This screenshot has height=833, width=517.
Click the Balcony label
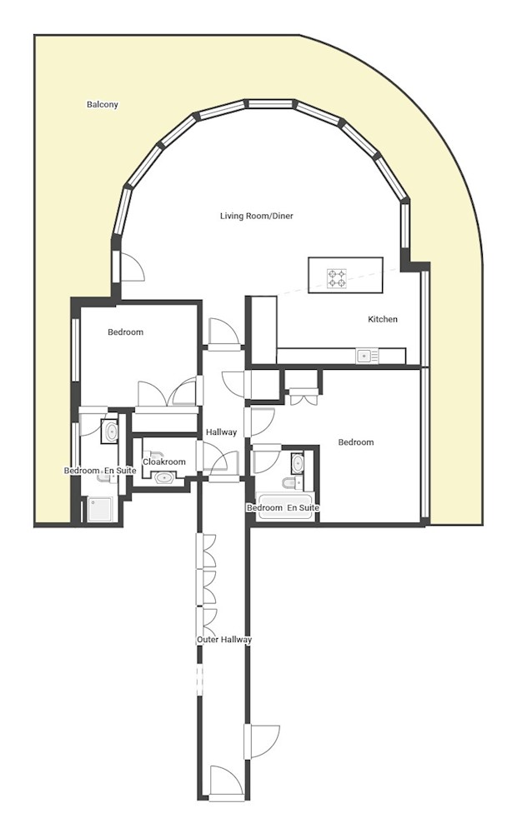103,105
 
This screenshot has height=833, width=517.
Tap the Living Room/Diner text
256,217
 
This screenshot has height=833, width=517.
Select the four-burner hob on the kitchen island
336,278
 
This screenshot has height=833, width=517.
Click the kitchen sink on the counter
364,356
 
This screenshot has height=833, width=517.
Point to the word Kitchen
383,319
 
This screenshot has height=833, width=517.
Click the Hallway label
222,432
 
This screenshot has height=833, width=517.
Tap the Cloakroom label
164,461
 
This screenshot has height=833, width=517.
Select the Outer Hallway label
224,640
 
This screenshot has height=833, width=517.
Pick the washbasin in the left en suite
112,431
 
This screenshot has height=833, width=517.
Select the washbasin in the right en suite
298,463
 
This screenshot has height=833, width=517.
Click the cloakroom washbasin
164,478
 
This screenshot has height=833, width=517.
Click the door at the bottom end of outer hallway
225,781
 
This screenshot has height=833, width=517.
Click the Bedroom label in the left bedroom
125,332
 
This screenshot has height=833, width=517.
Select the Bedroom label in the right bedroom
355,442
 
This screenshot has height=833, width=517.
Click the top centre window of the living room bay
272,105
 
